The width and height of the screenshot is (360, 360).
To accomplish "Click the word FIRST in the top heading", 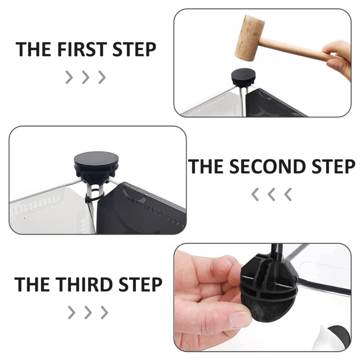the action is [x=81, y=49].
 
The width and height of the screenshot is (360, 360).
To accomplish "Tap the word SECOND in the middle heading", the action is [x=267, y=166].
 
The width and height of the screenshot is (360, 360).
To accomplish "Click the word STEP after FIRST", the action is [x=134, y=49].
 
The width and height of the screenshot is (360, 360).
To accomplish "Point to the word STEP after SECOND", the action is [x=334, y=166].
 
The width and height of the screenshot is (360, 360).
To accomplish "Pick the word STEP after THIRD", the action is [x=141, y=284].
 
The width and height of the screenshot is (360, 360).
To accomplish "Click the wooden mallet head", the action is [x=249, y=38].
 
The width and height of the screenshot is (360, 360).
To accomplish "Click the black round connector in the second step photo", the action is [x=96, y=168].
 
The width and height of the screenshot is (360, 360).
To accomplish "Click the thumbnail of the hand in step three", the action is [x=240, y=319].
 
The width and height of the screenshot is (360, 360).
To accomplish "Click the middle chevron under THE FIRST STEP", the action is [x=85, y=77].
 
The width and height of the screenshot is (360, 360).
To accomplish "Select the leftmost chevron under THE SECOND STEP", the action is [x=255, y=194].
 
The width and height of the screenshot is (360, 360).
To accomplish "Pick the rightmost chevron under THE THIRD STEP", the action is [x=105, y=312].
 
